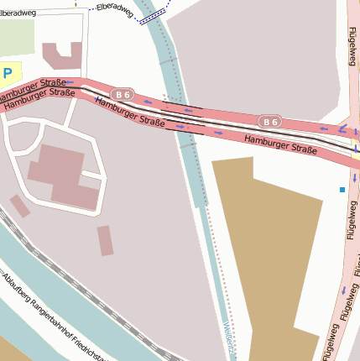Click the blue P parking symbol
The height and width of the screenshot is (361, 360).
click(x=8, y=74)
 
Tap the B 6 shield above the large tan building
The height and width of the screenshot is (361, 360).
click(x=269, y=122)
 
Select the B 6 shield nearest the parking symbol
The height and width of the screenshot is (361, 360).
click(x=124, y=94)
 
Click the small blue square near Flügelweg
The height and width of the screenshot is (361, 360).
click(x=342, y=190)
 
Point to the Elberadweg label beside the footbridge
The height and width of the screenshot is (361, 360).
click(x=115, y=11)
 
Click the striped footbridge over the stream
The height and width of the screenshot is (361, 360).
click(x=153, y=18)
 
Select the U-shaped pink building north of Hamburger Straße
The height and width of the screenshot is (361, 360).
click(x=62, y=55)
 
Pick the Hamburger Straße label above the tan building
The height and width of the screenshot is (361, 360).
click(x=280, y=144)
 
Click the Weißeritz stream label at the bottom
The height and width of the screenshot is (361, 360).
click(x=230, y=340)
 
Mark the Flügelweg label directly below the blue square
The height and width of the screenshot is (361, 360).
click(x=349, y=227)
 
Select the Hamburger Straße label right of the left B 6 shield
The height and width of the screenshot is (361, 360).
click(x=129, y=112)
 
